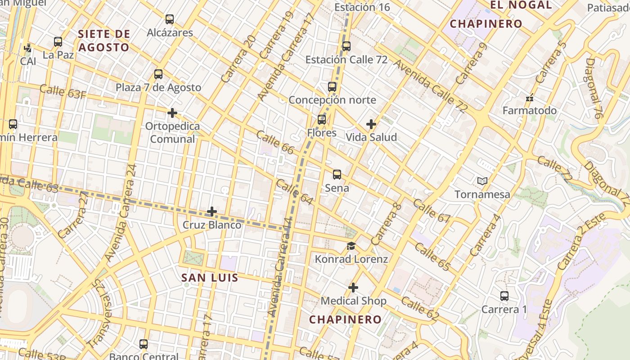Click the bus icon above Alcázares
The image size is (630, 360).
(170, 19)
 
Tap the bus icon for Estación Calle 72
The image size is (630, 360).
(346, 46)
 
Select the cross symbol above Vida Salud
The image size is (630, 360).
(371, 124)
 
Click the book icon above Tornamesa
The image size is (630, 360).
(482, 181)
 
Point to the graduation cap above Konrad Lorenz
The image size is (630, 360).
(351, 246)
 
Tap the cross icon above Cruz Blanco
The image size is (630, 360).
(212, 211)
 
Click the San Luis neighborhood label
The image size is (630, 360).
(210, 278)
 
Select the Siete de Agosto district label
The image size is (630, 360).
(104, 40)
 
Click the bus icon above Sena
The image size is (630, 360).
(337, 175)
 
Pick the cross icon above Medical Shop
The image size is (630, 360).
(353, 287)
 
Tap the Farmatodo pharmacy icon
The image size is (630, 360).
(529, 98)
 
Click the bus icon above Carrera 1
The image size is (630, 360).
(504, 296)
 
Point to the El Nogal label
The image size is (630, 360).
(521, 5)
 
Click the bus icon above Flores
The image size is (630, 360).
(322, 120)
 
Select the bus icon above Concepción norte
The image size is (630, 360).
(332, 87)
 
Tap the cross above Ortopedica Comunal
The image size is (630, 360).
(172, 112)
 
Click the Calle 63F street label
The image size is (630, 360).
(63, 91)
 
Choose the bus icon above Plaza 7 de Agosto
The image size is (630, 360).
(158, 74)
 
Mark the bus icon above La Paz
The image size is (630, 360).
(58, 42)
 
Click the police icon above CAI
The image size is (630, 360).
(28, 47)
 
